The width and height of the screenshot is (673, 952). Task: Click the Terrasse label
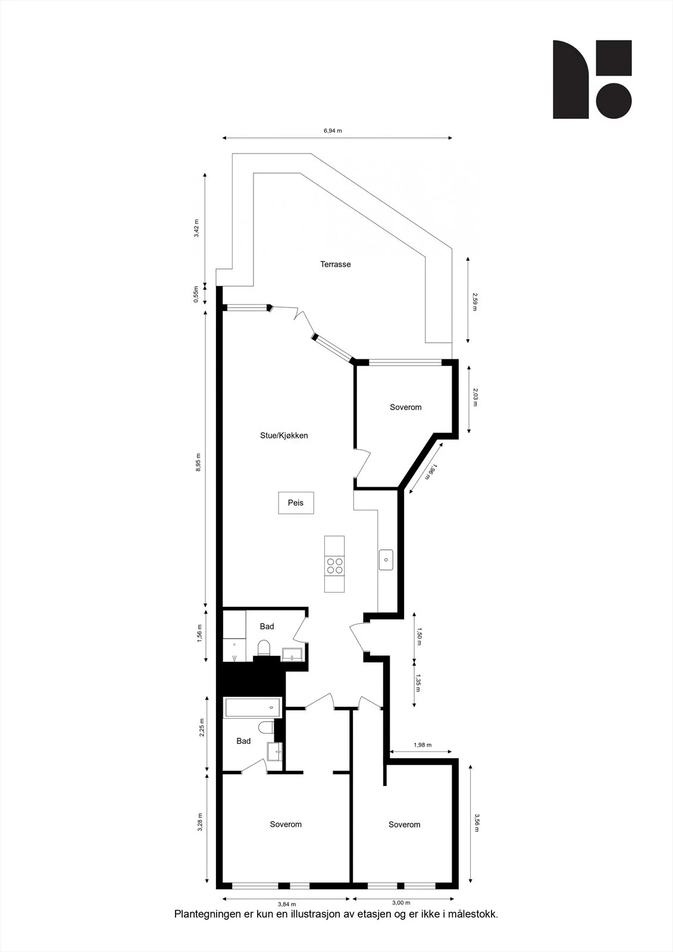pyautogui.click(x=336, y=264)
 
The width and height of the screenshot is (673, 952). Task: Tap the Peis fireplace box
pyautogui.click(x=296, y=503)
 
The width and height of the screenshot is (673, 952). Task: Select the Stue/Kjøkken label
pyautogui.click(x=284, y=435)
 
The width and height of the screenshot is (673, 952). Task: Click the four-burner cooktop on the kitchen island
pyautogui.click(x=334, y=565)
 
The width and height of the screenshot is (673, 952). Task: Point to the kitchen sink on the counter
pyautogui.click(x=386, y=560)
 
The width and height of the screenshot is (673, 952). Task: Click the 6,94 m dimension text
pyautogui.click(x=333, y=130)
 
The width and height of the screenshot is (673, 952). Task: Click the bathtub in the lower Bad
pyautogui.click(x=252, y=707)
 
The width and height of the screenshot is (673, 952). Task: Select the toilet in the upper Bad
pyautogui.click(x=264, y=648)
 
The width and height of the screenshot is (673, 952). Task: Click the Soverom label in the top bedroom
pyautogui.click(x=406, y=407)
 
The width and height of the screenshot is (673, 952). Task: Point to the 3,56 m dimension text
pyautogui.click(x=477, y=823)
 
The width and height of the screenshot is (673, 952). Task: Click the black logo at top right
pyautogui.click(x=592, y=80)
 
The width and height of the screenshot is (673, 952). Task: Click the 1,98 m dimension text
pyautogui.click(x=422, y=744)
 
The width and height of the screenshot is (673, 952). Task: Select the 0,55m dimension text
pyautogui.click(x=196, y=294)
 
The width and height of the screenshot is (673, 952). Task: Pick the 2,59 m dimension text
pyautogui.click(x=475, y=301)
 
